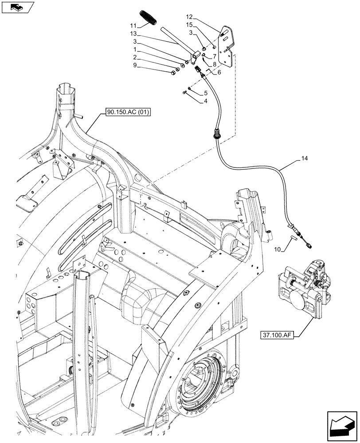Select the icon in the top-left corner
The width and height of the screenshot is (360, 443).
[x=18, y=7]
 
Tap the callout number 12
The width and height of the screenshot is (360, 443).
[x=189, y=17]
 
